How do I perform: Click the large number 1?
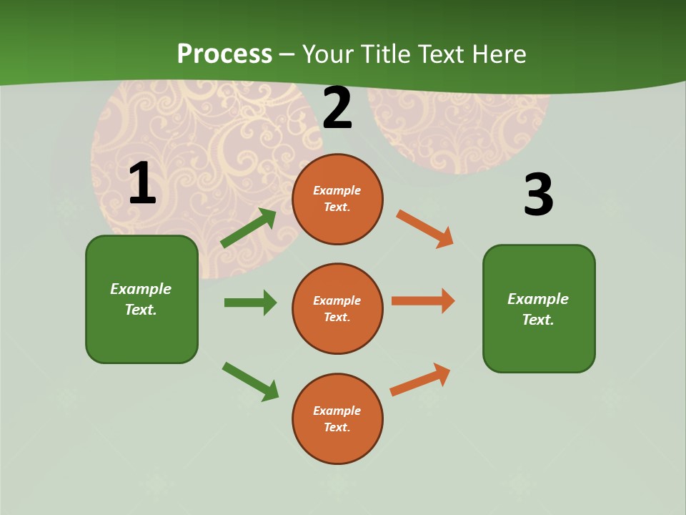pyautogui.click(x=142, y=184)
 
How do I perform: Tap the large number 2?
pyautogui.click(x=337, y=108)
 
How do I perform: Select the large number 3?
pyautogui.click(x=538, y=195)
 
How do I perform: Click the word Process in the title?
pyautogui.click(x=224, y=54)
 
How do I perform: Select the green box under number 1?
pyautogui.click(x=141, y=299)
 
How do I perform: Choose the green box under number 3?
pyautogui.click(x=539, y=308)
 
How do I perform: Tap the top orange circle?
pyautogui.click(x=337, y=199)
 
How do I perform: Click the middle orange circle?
pyautogui.click(x=337, y=308)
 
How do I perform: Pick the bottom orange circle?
pyautogui.click(x=337, y=418)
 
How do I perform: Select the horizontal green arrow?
pyautogui.click(x=250, y=303)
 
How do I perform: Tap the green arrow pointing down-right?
pyautogui.click(x=251, y=382)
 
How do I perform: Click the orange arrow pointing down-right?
pyautogui.click(x=425, y=229)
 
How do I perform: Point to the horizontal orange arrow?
pyautogui.click(x=423, y=301)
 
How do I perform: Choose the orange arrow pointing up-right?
pyautogui.click(x=420, y=380)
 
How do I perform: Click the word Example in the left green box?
pyautogui.click(x=141, y=289)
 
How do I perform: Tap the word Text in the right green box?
pyautogui.click(x=537, y=320)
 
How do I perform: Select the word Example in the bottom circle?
pyautogui.click(x=337, y=411)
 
